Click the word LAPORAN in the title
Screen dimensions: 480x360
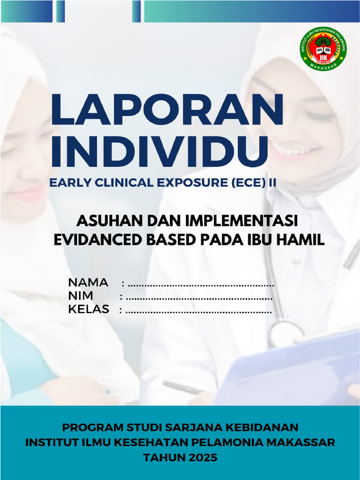[167, 110]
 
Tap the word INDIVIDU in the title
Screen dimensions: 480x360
[159, 151]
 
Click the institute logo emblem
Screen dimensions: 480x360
[323, 49]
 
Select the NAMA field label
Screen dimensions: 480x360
[88, 283]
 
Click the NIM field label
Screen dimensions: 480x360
[81, 296]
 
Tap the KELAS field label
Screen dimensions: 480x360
[89, 309]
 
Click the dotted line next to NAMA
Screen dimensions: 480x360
[201, 285]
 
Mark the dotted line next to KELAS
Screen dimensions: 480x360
[199, 311]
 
